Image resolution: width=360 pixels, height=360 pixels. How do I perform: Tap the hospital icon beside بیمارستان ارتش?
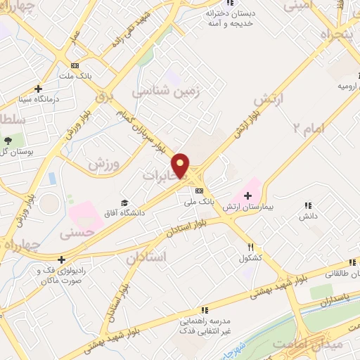[247, 194]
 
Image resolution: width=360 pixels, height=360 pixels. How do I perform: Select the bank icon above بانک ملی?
[200, 191]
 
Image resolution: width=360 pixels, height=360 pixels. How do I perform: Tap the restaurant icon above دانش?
[307, 205]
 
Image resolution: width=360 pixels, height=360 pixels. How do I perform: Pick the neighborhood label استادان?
[146, 257]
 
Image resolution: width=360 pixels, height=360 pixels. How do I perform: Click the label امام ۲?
[307, 128]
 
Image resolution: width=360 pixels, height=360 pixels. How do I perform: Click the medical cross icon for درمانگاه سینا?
[38, 89]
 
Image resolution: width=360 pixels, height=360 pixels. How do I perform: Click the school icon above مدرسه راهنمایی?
[204, 309]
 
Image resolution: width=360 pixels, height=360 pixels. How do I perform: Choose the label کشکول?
[250, 258]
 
